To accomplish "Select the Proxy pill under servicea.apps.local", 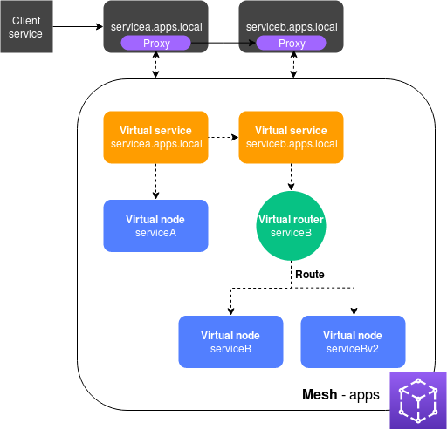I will click(x=155, y=44).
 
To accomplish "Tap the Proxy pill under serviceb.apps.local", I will click(x=292, y=44).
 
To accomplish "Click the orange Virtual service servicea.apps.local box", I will click(x=156, y=137).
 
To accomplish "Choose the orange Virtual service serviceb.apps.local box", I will click(x=291, y=137).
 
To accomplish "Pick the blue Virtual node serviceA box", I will click(x=156, y=226).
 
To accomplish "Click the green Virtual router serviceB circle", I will click(x=291, y=226).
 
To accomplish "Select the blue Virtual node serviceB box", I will click(x=231, y=341).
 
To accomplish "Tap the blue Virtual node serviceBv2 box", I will click(x=353, y=341).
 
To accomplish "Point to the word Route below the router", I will click(x=309, y=274).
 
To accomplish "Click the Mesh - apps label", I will click(x=340, y=394).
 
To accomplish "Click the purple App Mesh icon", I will click(x=417, y=399).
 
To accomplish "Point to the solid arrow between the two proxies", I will click(x=223, y=44).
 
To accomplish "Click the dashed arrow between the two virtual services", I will click(x=223, y=137).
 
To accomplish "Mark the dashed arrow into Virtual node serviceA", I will click(x=156, y=181).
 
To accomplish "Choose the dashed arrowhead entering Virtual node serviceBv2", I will click(x=353, y=310).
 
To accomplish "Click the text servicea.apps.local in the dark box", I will click(x=155, y=26).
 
